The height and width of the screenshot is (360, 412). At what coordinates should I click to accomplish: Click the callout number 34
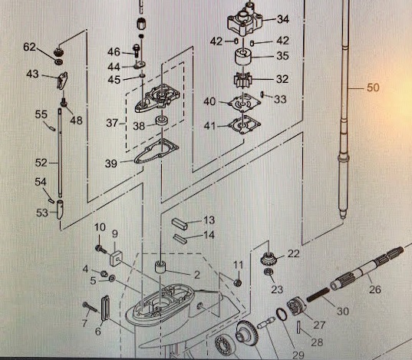click(283, 19)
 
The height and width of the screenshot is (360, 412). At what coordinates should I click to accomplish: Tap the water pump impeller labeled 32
click(242, 80)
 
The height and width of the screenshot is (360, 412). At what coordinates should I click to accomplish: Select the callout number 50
click(373, 88)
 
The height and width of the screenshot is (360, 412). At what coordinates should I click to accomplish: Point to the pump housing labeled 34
click(246, 21)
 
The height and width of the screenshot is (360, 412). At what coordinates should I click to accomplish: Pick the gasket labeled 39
click(157, 151)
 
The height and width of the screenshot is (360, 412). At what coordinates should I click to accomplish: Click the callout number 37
click(113, 123)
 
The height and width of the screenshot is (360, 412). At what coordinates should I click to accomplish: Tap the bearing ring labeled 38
click(162, 121)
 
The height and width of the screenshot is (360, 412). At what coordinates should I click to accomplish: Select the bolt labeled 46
click(137, 51)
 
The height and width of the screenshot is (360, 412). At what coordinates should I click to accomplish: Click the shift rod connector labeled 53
click(60, 210)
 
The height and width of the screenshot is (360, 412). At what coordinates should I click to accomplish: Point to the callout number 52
click(41, 163)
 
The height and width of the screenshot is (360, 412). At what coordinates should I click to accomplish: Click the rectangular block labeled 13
click(180, 224)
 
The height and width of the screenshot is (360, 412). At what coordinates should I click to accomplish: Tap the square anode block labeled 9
click(116, 259)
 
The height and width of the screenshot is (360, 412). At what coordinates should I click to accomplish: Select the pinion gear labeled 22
click(267, 258)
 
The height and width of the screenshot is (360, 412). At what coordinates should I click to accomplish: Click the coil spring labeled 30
click(318, 295)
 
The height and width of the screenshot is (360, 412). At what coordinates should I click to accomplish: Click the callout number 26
click(375, 289)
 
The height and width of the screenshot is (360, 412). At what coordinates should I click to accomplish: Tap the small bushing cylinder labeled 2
click(160, 267)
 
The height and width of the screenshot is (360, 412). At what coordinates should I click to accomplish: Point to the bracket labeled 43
click(62, 81)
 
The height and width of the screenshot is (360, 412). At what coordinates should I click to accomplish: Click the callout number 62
click(29, 47)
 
